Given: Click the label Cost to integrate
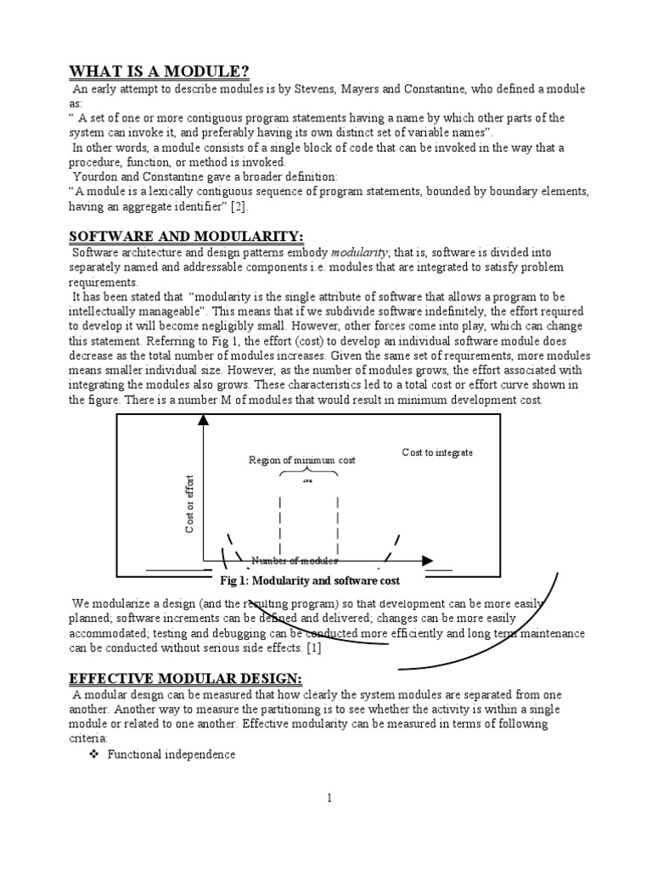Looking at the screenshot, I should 437,453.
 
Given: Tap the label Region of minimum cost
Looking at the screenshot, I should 301,460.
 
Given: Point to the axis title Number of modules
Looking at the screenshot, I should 295,561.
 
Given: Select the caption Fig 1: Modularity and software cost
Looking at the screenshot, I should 310,581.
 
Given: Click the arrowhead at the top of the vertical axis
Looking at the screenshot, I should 203,419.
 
